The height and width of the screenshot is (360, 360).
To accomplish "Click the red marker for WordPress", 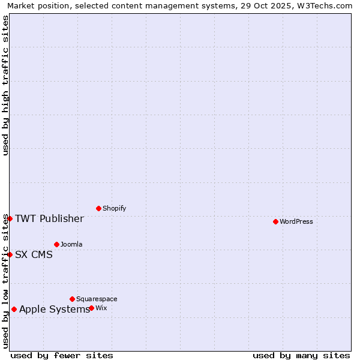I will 275,221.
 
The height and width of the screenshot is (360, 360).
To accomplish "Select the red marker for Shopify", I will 98,208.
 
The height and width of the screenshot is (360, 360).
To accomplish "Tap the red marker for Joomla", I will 56,244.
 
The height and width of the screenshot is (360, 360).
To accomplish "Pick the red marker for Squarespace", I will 72,299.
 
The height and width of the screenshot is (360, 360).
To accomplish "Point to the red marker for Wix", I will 91,308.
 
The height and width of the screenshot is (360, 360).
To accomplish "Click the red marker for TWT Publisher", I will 10,218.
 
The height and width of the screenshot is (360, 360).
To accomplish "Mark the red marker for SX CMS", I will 10,254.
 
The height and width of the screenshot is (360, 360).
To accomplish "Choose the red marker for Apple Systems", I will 14,310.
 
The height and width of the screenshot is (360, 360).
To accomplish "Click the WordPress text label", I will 296,221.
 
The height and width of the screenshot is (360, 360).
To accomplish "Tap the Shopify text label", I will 115,208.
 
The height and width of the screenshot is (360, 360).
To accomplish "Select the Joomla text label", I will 71,244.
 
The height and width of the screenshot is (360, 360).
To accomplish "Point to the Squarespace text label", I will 97,299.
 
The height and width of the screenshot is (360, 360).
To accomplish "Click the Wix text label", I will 101,308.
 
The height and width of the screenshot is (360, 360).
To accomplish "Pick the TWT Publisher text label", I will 49,218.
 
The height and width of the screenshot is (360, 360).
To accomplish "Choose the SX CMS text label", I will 34,254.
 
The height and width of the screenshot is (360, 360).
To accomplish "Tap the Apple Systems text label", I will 55,310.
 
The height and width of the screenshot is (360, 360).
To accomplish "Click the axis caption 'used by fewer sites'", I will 62,355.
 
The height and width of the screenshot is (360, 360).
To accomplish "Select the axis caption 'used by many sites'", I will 301,355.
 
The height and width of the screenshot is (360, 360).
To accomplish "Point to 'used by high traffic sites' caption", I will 5,85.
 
